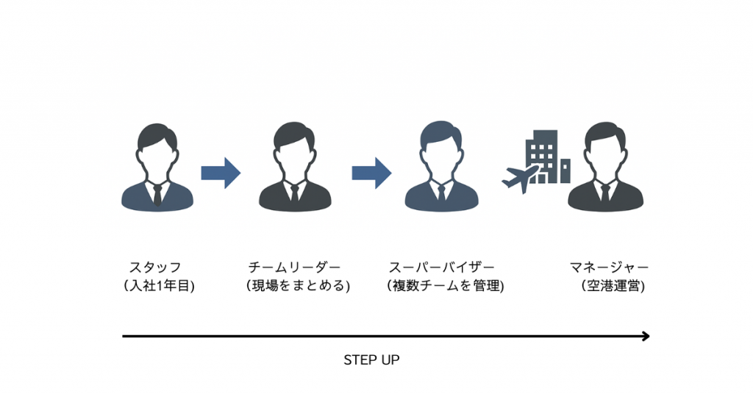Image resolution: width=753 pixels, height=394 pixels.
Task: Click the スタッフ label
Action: click(x=155, y=267)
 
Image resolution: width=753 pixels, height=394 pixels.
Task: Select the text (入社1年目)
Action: click(x=160, y=286)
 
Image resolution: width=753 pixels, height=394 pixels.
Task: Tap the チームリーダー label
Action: click(x=295, y=267)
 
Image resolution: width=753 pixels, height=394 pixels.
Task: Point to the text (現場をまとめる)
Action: click(x=299, y=286)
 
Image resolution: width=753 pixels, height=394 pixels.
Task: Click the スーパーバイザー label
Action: click(x=442, y=267)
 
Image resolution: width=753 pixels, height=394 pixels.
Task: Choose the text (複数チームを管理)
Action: click(x=446, y=286)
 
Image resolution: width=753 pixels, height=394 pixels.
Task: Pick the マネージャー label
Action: click(x=610, y=267)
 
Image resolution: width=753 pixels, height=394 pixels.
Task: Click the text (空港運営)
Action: click(x=613, y=286)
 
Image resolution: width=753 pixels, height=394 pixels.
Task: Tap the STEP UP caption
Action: click(x=371, y=361)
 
